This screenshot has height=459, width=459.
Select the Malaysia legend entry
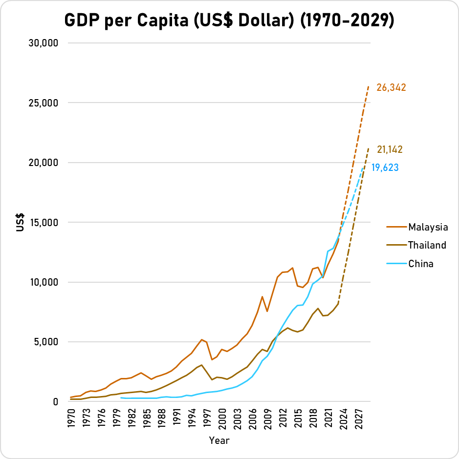coord(428,227)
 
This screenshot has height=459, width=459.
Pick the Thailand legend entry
coord(427,245)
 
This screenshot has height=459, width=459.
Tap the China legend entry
coord(421,264)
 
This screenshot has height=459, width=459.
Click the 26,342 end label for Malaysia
coord(391,88)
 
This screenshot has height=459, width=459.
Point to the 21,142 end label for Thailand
coord(390,150)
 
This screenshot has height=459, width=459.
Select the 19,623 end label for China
coord(385,168)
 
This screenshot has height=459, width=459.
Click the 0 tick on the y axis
coord(56,401)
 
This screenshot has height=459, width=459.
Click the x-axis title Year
coord(219,440)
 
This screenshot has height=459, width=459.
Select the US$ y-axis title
coord(21,222)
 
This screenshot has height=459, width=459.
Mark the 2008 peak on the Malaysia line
coord(262,296)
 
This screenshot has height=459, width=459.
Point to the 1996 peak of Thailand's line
coord(202,365)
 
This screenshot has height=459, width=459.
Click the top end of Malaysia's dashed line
coord(369,86)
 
